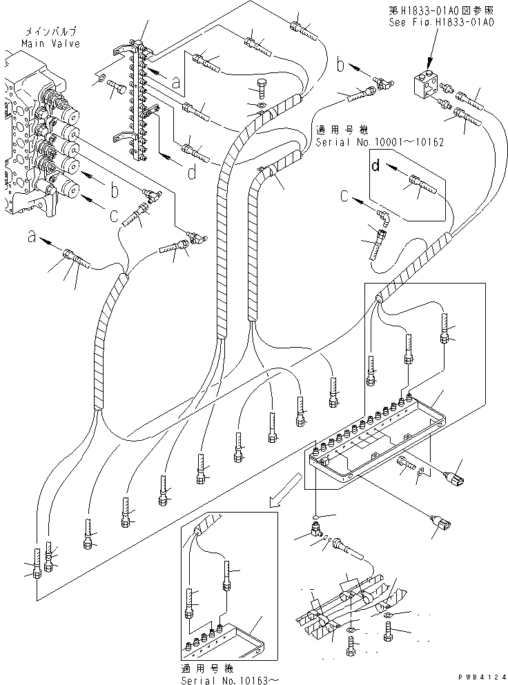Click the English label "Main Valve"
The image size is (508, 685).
[x=50, y=43]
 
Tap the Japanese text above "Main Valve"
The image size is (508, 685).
[x=51, y=32]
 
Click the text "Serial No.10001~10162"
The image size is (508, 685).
[x=379, y=142]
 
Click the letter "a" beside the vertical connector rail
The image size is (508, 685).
[x=176, y=81]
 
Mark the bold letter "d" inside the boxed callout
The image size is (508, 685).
[x=375, y=166]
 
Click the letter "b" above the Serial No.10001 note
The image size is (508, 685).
[x=340, y=66]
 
